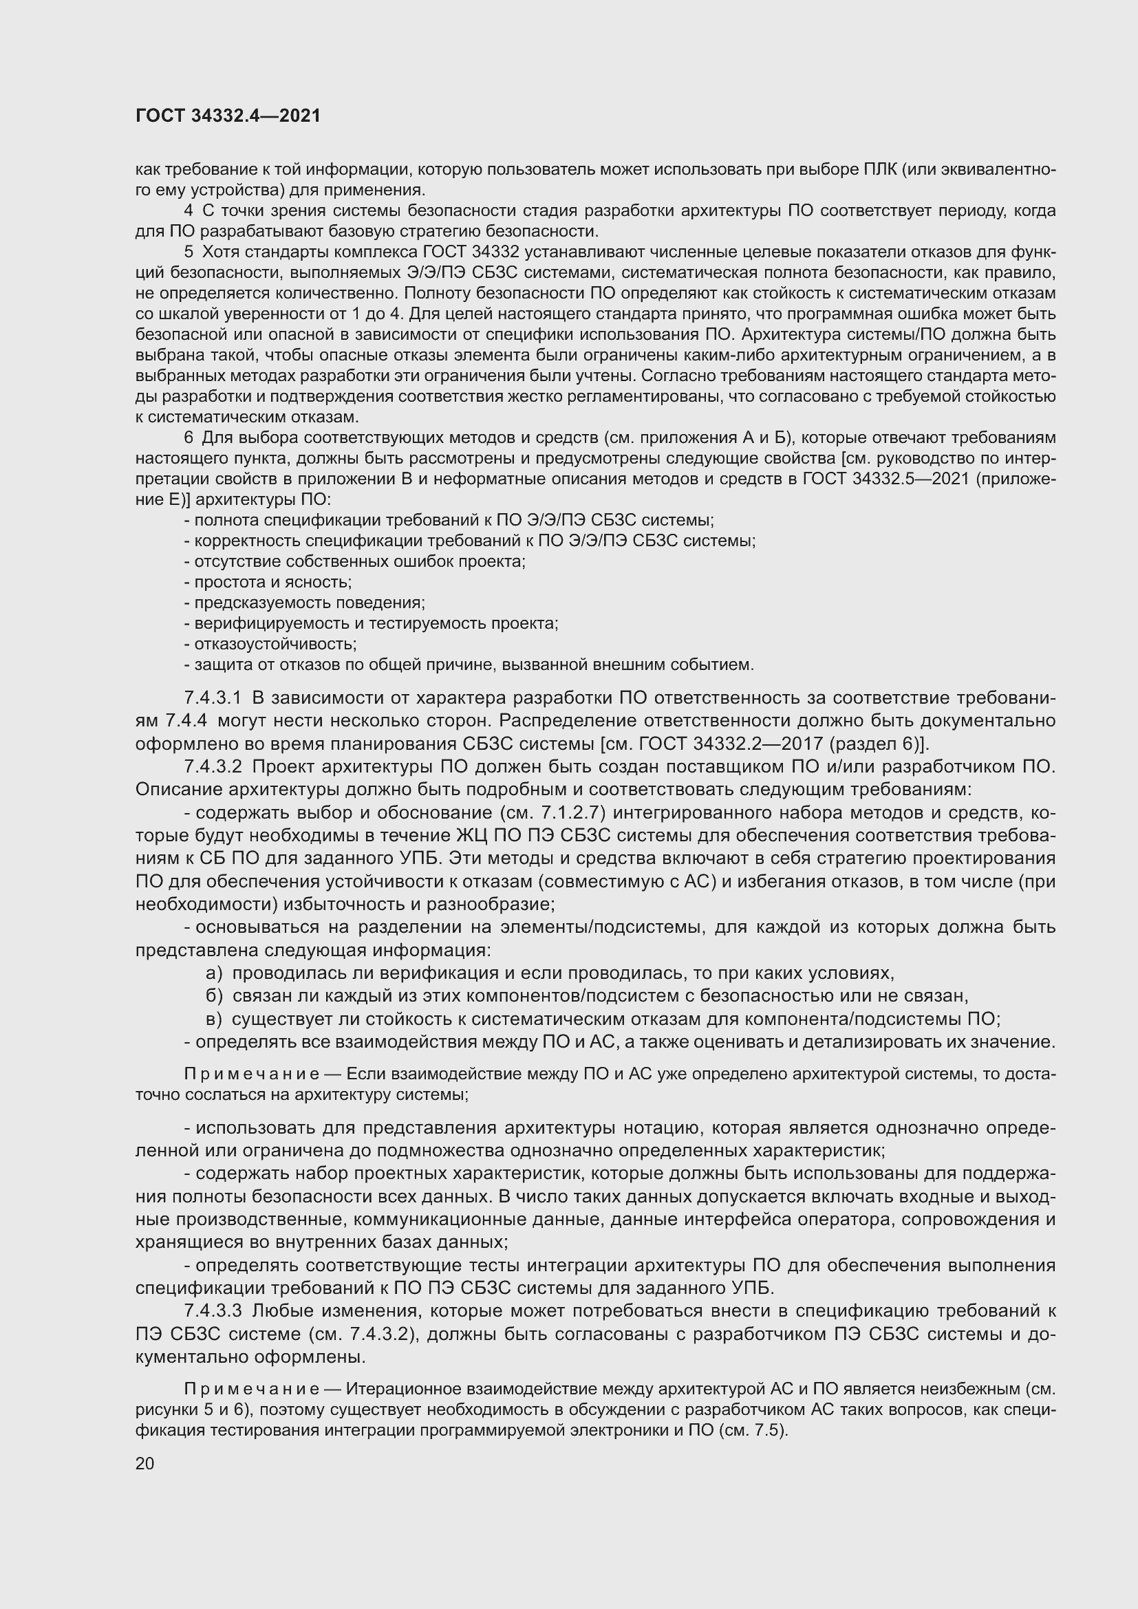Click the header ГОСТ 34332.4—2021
coord(228,116)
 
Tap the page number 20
coord(144,1464)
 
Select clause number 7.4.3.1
coord(213,698)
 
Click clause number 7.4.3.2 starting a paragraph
coord(213,766)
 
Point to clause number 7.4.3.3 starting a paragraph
coord(213,1310)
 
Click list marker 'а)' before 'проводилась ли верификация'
coord(214,973)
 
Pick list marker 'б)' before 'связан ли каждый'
coord(214,996)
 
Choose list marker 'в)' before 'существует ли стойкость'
coord(214,1019)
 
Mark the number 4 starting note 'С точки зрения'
coord(189,211)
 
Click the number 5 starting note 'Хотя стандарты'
coord(189,252)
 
